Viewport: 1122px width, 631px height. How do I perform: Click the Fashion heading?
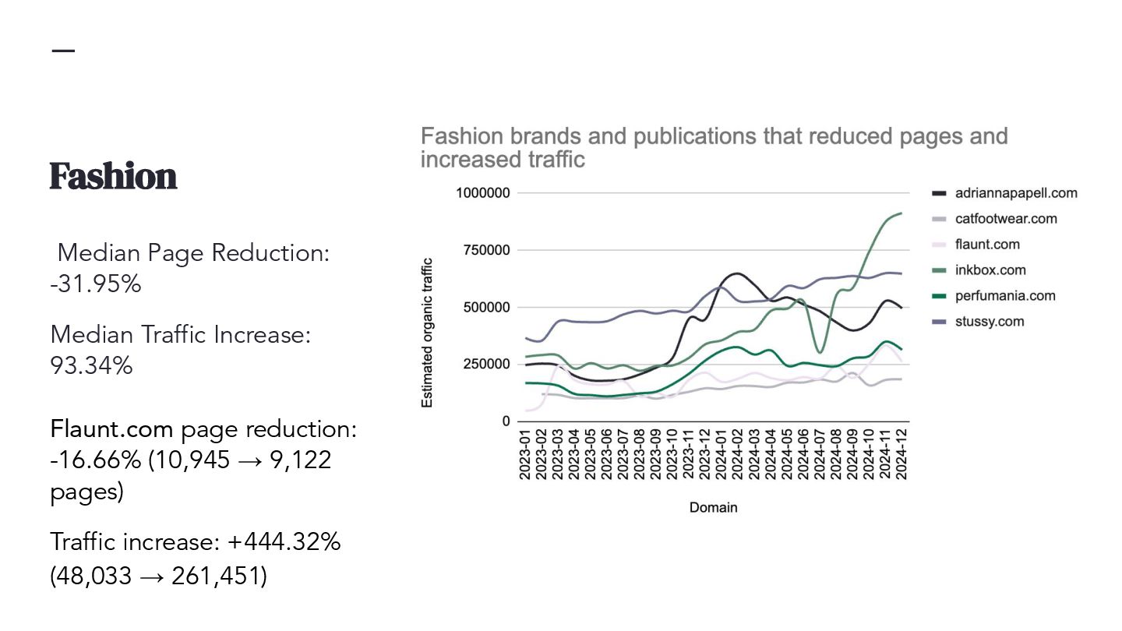[114, 177]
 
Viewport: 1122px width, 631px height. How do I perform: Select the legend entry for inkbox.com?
[990, 270]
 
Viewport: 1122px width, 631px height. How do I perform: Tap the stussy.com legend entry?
[989, 322]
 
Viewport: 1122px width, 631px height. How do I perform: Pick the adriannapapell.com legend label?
[1015, 193]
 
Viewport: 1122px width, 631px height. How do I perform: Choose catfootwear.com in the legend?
[1005, 219]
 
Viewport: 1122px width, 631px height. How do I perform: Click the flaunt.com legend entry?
[986, 245]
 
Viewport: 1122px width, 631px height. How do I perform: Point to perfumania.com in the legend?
[1004, 296]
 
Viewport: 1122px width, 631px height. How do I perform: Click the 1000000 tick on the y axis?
[483, 193]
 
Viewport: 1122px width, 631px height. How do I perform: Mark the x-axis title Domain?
[713, 508]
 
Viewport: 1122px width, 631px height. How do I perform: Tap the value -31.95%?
[96, 284]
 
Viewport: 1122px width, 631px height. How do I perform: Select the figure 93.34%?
[91, 365]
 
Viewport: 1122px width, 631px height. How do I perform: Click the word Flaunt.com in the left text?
[112, 429]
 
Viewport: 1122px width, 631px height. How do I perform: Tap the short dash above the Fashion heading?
[63, 51]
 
